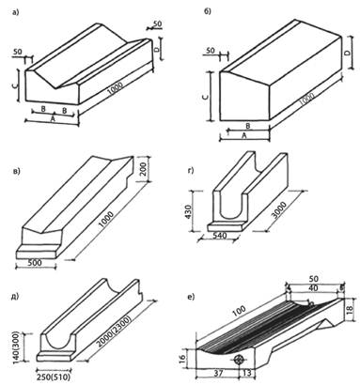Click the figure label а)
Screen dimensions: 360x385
click(x=15, y=12)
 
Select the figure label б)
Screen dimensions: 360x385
click(x=208, y=11)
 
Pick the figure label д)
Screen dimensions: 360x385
click(x=15, y=296)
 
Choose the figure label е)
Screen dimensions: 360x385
click(x=190, y=297)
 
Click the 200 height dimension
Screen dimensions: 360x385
click(x=142, y=169)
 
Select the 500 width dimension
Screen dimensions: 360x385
click(x=35, y=263)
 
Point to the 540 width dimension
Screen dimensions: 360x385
click(x=219, y=236)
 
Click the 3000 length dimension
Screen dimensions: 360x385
click(x=279, y=209)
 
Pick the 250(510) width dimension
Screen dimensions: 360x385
click(x=54, y=377)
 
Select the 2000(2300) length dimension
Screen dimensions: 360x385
click(x=114, y=330)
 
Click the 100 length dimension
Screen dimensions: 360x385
click(x=240, y=311)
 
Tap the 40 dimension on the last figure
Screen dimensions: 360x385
click(x=313, y=288)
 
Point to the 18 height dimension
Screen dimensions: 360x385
click(x=351, y=309)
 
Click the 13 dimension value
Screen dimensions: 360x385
click(x=247, y=373)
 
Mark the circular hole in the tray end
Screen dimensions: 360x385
click(x=239, y=359)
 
